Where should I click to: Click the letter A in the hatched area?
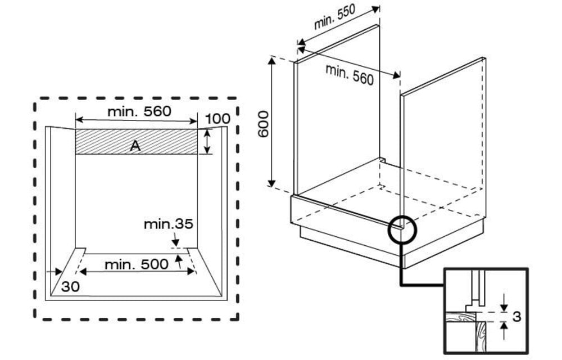point(135,146)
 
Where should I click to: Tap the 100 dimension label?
point(218,119)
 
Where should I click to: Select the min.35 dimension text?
point(169,224)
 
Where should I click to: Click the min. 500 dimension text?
point(136,264)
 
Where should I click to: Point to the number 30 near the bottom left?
point(70,286)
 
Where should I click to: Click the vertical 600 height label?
point(264,124)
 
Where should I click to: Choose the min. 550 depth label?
point(334,17)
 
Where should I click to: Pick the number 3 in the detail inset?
point(516,317)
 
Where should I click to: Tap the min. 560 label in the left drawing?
point(139,111)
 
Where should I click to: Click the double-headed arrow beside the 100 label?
point(207,142)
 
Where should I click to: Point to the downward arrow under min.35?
point(175,238)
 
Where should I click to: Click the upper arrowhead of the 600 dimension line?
point(272,60)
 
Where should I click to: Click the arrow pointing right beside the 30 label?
point(54,272)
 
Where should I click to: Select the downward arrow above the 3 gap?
point(504,303)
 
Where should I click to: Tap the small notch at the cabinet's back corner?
point(382,159)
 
